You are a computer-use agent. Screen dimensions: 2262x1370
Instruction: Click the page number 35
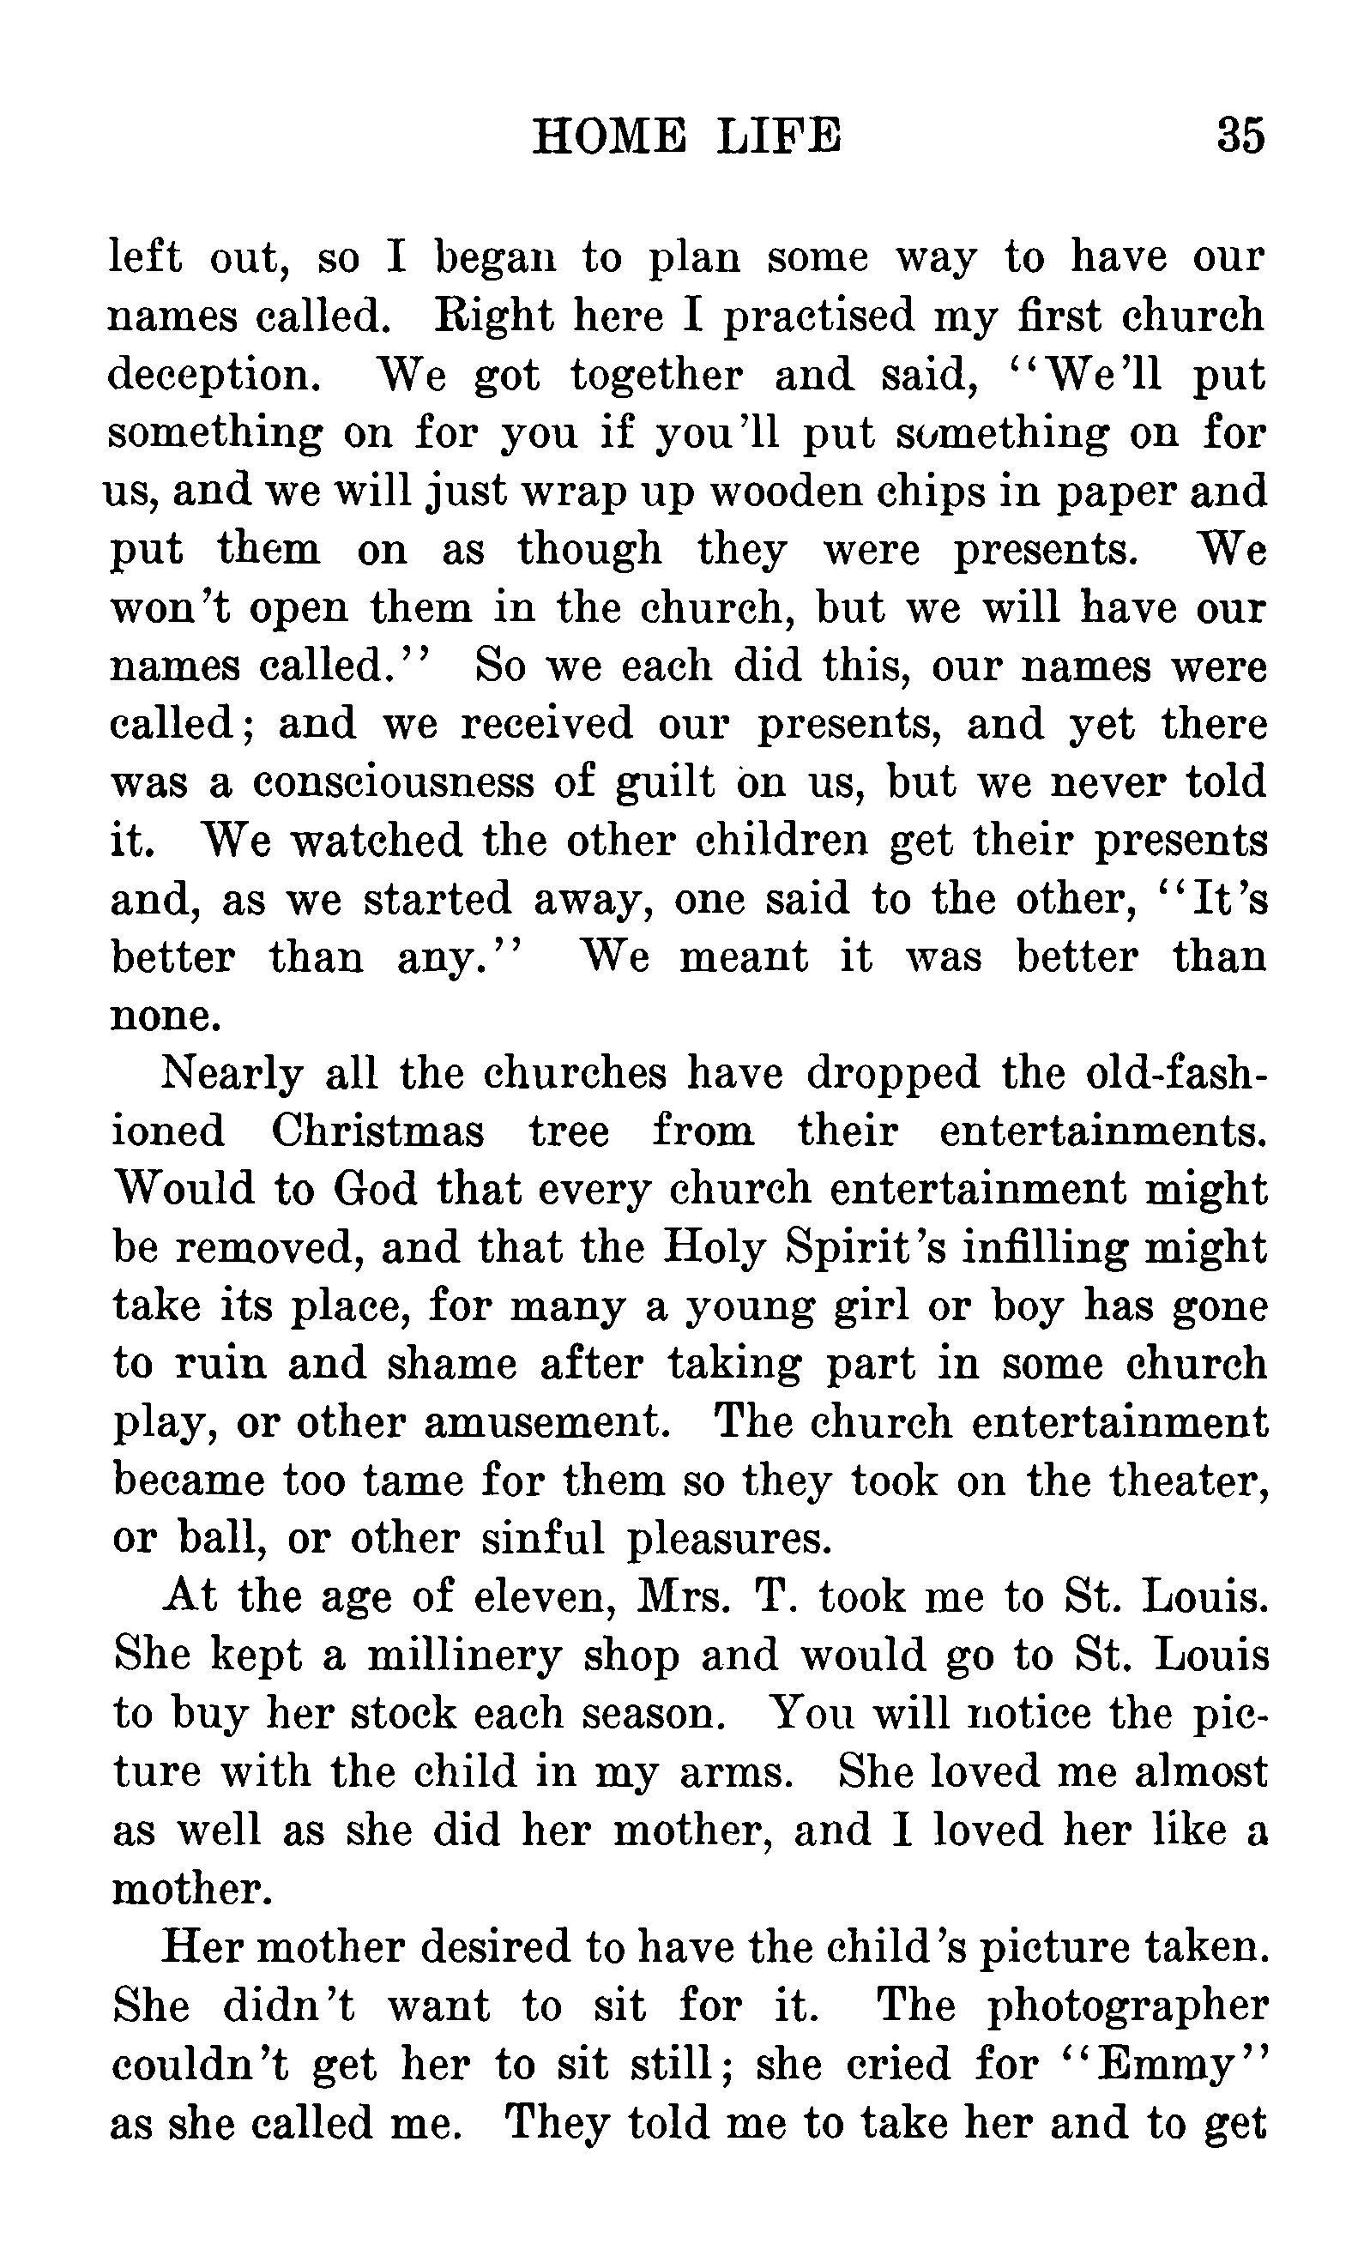(1240, 135)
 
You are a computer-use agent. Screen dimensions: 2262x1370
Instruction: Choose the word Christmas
(377, 1130)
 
